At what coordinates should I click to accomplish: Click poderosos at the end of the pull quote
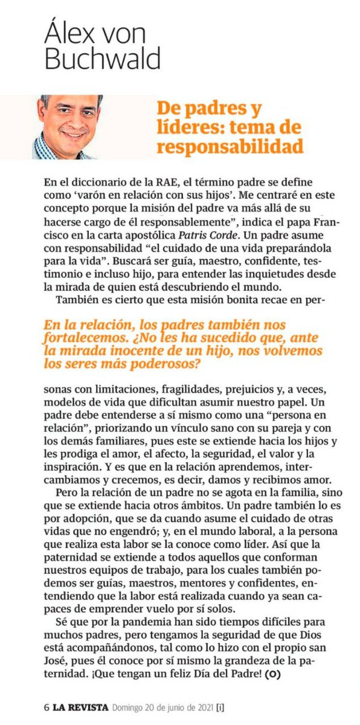pyautogui.click(x=170, y=364)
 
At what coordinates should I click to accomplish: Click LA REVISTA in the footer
pyautogui.click(x=80, y=706)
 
